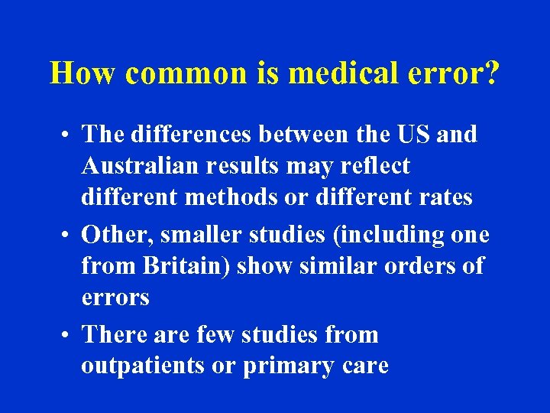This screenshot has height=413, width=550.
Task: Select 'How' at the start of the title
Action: click(82, 73)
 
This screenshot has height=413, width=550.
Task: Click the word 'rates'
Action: click(445, 197)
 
